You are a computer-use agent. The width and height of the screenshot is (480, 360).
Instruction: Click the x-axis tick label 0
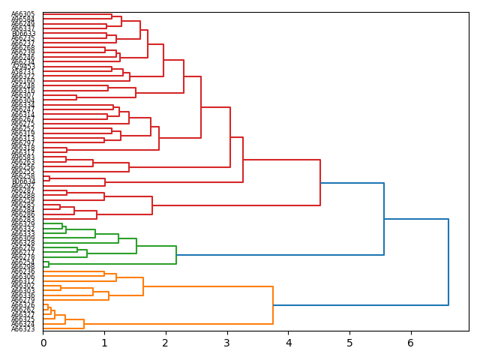pyautogui.click(x=43, y=343)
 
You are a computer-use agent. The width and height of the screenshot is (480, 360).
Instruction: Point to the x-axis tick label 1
pyautogui.click(x=104, y=343)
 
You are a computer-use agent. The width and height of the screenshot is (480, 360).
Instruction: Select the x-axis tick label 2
pyautogui.click(x=166, y=343)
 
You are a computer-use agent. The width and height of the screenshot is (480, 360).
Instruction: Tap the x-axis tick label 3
pyautogui.click(x=226, y=343)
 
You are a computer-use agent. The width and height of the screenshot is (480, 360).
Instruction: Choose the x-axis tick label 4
pyautogui.click(x=288, y=343)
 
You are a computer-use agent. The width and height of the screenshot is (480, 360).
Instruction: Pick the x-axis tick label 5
pyautogui.click(x=349, y=343)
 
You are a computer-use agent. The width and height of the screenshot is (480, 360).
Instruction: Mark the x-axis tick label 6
pyautogui.click(x=410, y=343)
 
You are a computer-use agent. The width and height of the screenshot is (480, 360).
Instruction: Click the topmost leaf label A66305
pyautogui.click(x=23, y=14)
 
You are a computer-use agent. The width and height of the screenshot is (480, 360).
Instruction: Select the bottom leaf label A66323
pyautogui.click(x=23, y=329)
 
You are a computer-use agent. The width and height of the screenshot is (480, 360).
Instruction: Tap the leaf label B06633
pyautogui.click(x=23, y=34)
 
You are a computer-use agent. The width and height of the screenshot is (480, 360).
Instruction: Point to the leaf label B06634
pyautogui.click(x=23, y=181)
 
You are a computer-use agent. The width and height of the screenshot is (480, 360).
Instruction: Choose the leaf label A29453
pyautogui.click(x=23, y=67)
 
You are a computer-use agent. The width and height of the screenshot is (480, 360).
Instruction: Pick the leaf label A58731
pyautogui.click(x=23, y=72)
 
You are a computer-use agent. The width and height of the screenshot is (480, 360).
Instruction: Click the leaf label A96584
pyautogui.click(x=23, y=19)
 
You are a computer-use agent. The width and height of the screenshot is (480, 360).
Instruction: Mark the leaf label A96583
pyautogui.click(x=23, y=157)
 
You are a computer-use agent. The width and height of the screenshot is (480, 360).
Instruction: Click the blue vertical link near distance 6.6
pyautogui.click(x=448, y=262)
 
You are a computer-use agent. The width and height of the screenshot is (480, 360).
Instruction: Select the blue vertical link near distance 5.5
pyautogui.click(x=384, y=219)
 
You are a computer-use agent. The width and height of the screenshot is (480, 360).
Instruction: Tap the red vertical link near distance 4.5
pyautogui.click(x=320, y=182)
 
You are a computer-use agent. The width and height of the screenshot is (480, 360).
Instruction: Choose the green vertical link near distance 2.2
pyautogui.click(x=176, y=255)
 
